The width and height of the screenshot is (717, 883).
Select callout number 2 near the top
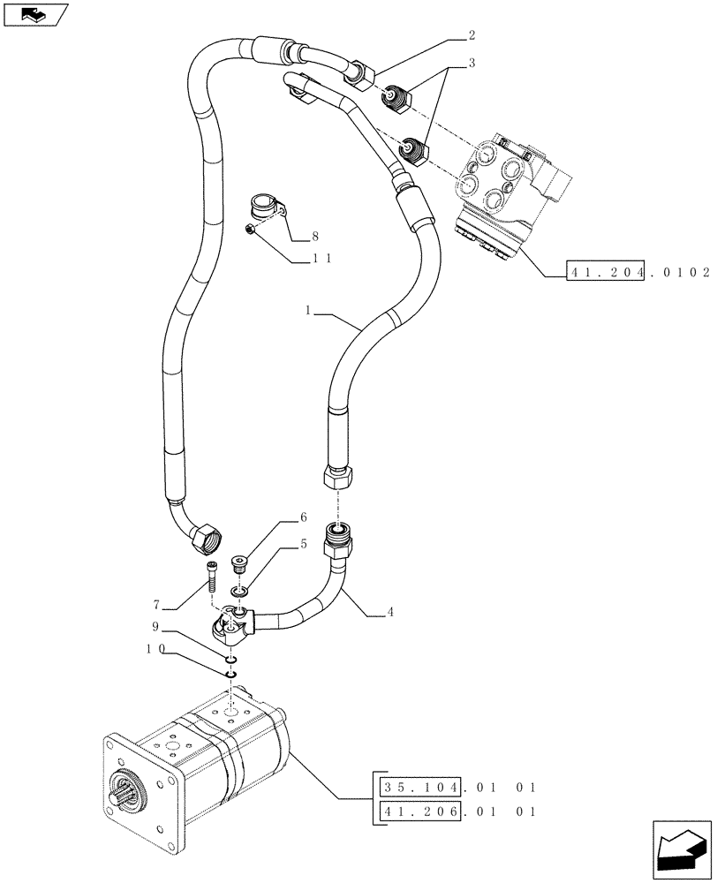[x=472, y=36]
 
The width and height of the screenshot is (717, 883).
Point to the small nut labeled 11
[x=250, y=230]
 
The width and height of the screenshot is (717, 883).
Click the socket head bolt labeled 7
[x=211, y=577]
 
